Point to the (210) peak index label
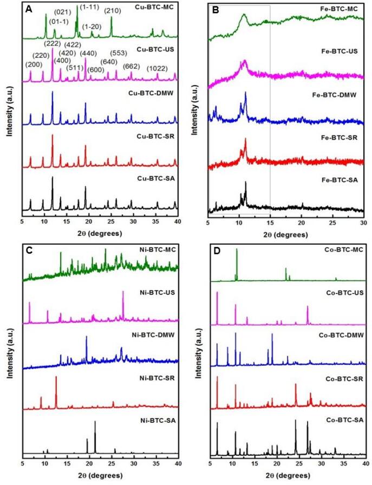(x=112, y=10)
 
